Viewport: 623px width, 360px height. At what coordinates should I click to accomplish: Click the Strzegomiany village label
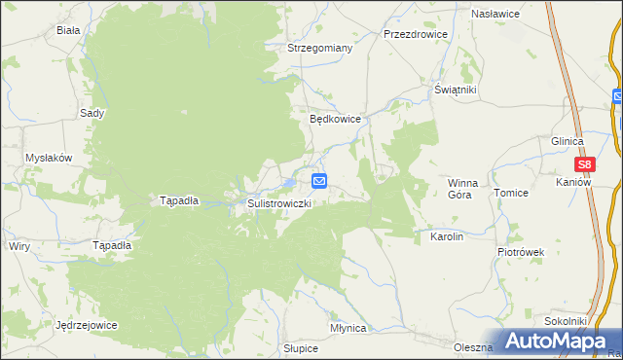[319, 47]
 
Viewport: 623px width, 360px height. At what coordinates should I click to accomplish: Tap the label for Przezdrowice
[416, 33]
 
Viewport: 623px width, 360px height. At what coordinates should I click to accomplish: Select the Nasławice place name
[495, 15]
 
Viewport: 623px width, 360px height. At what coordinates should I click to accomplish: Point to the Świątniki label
[455, 90]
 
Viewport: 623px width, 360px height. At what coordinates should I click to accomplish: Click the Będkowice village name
[336, 119]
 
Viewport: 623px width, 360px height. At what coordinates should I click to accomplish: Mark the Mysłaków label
[49, 158]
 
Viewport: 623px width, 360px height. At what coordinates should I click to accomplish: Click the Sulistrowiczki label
[279, 203]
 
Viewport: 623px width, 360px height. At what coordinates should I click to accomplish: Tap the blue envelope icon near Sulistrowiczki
[319, 181]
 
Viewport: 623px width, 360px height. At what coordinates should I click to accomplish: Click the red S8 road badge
[584, 165]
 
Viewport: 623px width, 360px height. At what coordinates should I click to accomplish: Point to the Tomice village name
[511, 193]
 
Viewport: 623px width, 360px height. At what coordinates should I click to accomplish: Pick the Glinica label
[567, 141]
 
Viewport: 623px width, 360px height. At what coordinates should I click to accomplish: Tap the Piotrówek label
[521, 252]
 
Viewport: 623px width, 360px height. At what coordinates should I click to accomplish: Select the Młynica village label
[348, 328]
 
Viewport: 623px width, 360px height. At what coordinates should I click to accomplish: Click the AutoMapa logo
[551, 341]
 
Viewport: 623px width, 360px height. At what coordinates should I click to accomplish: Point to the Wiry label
[18, 246]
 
